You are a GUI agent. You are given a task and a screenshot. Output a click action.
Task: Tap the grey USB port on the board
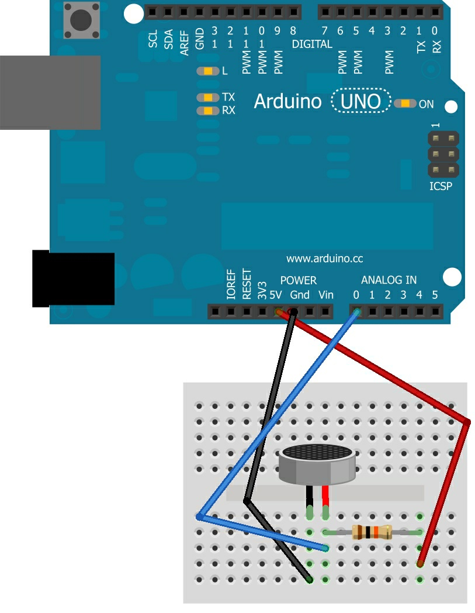pyautogui.click(x=50, y=92)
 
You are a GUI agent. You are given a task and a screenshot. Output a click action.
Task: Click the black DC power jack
pyautogui.click(x=73, y=279)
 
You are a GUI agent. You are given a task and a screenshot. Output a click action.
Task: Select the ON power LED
pyautogui.click(x=405, y=104)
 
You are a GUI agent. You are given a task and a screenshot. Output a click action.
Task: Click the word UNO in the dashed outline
pyautogui.click(x=360, y=102)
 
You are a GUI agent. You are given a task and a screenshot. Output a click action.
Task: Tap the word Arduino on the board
pyautogui.click(x=287, y=102)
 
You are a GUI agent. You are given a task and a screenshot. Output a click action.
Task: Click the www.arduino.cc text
pyautogui.click(x=324, y=259)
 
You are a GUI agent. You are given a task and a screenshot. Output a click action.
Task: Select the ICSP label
pyautogui.click(x=441, y=187)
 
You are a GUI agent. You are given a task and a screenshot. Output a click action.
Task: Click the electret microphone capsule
pyautogui.click(x=317, y=463)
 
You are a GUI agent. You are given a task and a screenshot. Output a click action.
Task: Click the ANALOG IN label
pyautogui.click(x=389, y=280)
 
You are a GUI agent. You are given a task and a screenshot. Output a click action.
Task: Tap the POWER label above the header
pyautogui.click(x=298, y=280)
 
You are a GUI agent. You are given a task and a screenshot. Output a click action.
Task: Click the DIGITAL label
pyautogui.click(x=312, y=44)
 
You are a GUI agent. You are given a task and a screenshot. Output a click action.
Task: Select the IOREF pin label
pyautogui.click(x=231, y=285)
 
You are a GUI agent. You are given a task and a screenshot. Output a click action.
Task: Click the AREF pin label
pyautogui.click(x=184, y=44)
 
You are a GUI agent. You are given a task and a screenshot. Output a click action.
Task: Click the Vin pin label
pyautogui.click(x=326, y=295)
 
